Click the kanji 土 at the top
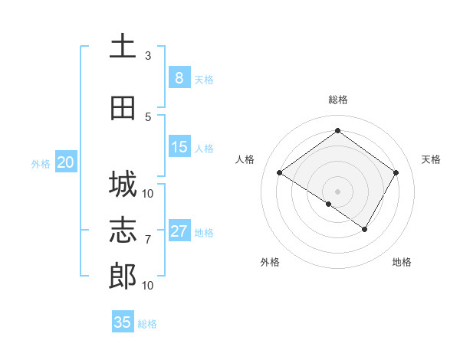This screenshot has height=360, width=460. [x=123, y=46]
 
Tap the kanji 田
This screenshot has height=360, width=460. [x=123, y=108]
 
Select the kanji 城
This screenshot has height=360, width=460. [x=123, y=184]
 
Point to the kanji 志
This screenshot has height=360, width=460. [x=123, y=231]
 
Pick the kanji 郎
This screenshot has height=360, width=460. [x=123, y=277]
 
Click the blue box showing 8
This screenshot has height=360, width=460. [x=179, y=78]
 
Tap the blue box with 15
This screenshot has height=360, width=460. [x=179, y=147]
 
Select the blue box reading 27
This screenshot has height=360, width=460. [x=179, y=231]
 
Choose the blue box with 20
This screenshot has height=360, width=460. [x=65, y=162]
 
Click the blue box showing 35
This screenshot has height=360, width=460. [x=123, y=322]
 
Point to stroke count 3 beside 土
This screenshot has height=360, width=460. [x=148, y=56]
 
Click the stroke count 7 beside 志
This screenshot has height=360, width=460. [x=148, y=240]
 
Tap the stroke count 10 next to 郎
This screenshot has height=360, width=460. [x=148, y=286]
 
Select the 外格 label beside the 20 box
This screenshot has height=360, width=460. [x=40, y=163]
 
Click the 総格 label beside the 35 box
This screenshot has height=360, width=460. [x=147, y=323]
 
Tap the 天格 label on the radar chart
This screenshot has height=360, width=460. [x=431, y=159]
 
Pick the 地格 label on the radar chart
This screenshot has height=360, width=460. [x=402, y=262]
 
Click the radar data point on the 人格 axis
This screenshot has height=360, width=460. [x=280, y=173]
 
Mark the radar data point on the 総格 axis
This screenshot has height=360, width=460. [x=337, y=130]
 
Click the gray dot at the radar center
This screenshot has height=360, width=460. [x=337, y=191]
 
